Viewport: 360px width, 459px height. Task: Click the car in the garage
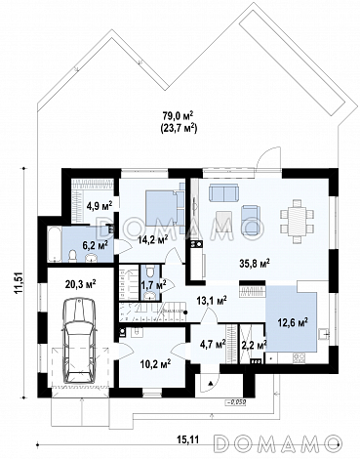tap(79, 341)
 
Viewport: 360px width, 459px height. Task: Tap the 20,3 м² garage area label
tap(80, 284)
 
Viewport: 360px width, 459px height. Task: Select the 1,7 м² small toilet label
tap(153, 285)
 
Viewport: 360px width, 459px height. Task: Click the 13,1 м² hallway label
tap(212, 301)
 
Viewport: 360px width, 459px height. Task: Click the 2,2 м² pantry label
tap(254, 344)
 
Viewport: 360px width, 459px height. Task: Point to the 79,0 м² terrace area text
tap(178, 115)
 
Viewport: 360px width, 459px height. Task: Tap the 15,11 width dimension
tap(187, 439)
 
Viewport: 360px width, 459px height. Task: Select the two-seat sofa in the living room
tap(224, 192)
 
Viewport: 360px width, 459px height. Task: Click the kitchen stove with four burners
tap(300, 358)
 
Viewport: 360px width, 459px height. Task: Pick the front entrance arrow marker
tap(211, 383)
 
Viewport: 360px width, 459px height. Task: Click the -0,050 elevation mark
tap(235, 402)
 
